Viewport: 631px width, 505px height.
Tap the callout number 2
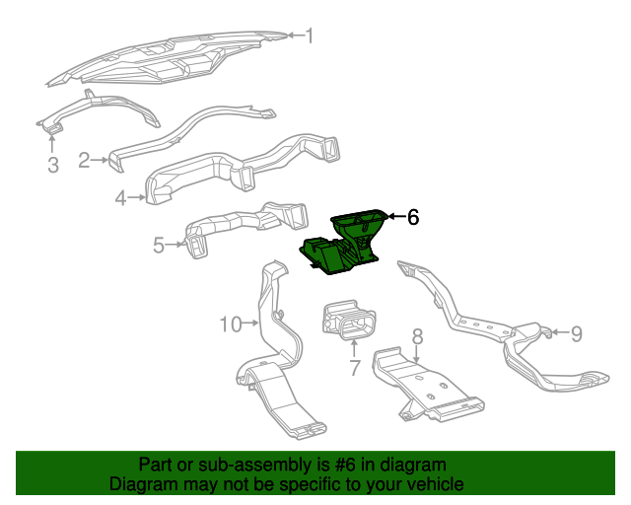click(x=85, y=159)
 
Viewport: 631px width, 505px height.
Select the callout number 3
click(x=53, y=165)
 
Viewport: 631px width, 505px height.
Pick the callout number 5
click(x=158, y=245)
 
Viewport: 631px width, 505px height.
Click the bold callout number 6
click(x=413, y=217)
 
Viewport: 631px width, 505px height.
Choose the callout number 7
click(x=355, y=369)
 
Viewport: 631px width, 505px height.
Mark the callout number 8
click(x=417, y=336)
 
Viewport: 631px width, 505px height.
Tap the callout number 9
click(x=577, y=333)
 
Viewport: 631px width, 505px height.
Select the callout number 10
click(x=230, y=324)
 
